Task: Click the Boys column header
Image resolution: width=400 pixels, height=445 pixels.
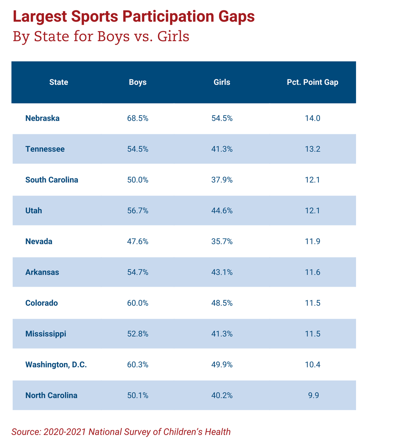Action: (138, 82)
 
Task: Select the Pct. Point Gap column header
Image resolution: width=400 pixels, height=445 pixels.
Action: (312, 82)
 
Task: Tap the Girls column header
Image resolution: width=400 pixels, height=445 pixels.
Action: (222, 82)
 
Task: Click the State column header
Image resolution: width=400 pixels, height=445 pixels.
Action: (59, 82)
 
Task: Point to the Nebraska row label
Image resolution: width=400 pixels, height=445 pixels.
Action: (42, 118)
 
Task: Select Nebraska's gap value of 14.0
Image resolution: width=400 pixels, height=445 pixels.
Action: (312, 118)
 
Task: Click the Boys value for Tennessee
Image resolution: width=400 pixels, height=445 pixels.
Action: (138, 149)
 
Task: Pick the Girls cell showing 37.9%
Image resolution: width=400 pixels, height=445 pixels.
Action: (222, 180)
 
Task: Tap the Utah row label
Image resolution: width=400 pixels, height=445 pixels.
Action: (34, 211)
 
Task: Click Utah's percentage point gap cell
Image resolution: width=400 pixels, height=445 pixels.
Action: (312, 211)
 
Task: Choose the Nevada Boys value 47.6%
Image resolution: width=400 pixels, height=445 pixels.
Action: (138, 241)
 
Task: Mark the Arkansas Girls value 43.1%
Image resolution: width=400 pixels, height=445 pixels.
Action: (222, 272)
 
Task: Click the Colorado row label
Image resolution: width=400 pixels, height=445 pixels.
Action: (42, 303)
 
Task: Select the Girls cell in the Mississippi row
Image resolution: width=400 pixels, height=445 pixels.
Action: (222, 334)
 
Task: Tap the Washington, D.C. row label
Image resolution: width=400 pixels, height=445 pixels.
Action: (56, 365)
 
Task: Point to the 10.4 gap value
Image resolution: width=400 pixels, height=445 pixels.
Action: (312, 365)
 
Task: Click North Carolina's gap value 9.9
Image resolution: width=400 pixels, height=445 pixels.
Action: (312, 395)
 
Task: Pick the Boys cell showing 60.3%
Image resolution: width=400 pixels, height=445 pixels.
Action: (138, 365)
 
